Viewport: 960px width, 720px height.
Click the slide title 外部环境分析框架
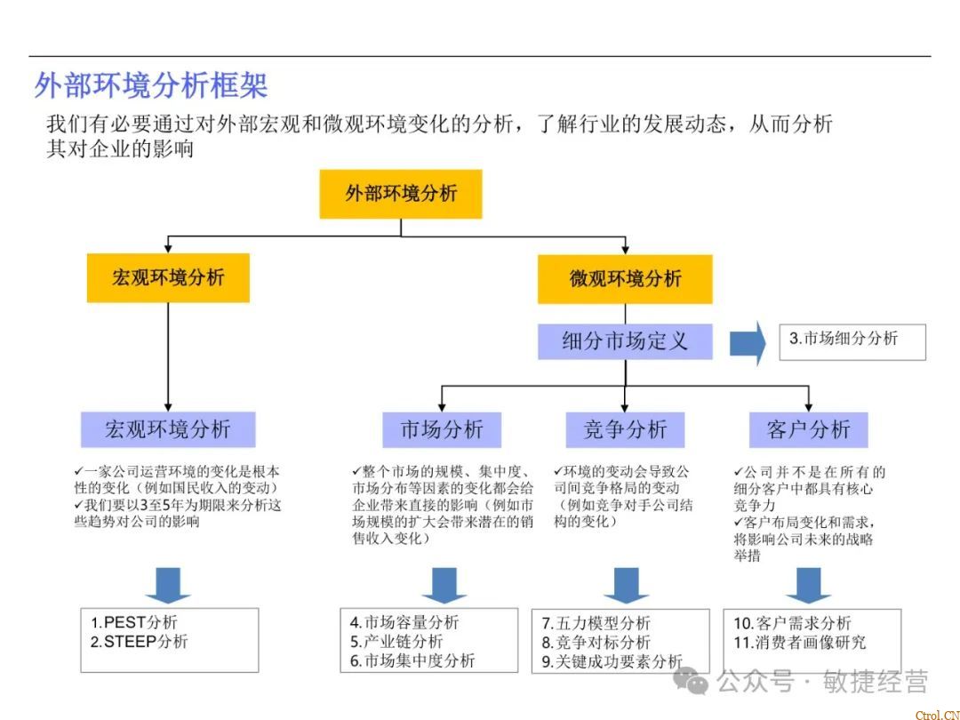point(151,85)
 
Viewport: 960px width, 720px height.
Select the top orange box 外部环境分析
point(401,194)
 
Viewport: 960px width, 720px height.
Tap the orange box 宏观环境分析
point(168,277)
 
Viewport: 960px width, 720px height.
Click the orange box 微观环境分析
point(625,278)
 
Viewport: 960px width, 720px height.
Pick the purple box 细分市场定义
point(625,341)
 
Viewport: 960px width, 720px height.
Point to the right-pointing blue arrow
point(747,343)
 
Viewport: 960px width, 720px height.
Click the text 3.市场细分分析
point(844,339)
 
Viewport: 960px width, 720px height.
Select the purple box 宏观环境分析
point(168,430)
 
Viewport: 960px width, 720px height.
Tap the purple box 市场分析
point(442,430)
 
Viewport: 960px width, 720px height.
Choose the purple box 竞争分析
point(625,430)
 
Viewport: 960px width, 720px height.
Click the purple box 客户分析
point(808,430)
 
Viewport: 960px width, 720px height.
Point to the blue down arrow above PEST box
point(168,585)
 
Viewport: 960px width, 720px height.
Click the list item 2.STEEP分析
point(140,642)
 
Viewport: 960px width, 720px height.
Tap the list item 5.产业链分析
point(396,642)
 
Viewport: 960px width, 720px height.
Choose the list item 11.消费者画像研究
point(799,642)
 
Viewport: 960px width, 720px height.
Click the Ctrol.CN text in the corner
point(936,714)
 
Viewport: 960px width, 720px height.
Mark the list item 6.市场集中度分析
point(412,660)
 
